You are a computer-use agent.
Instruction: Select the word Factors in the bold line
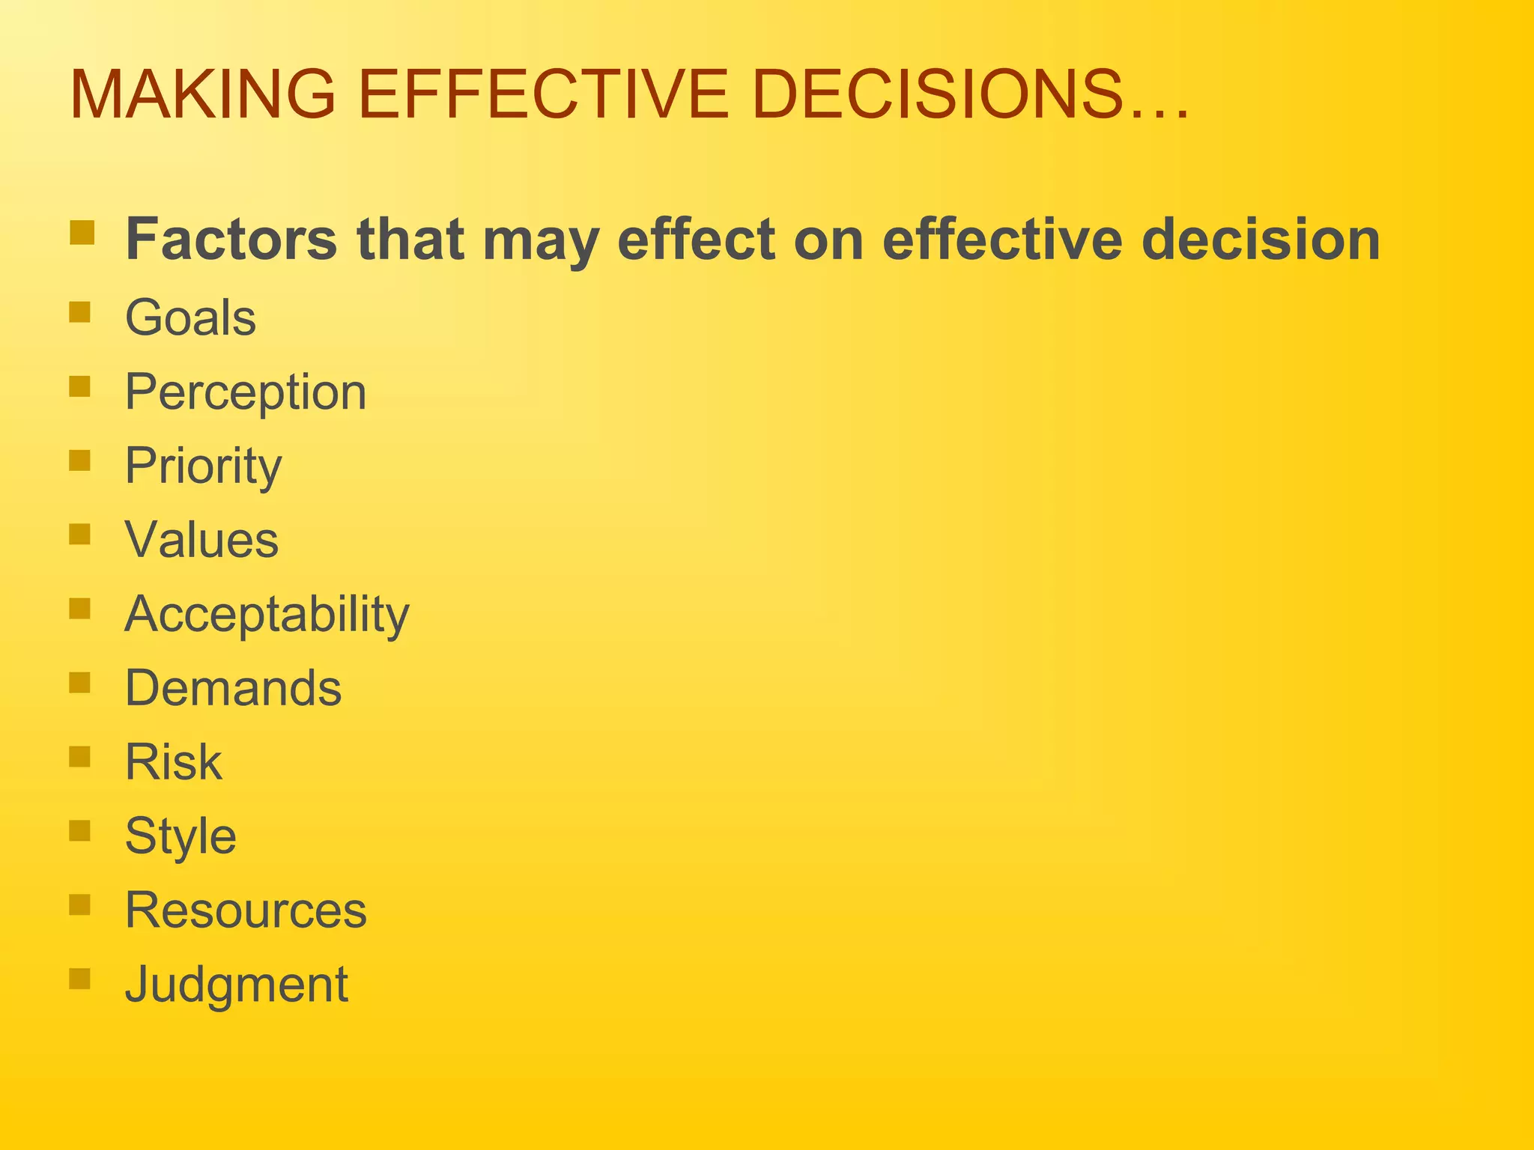(x=231, y=240)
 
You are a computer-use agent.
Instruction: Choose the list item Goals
(x=190, y=317)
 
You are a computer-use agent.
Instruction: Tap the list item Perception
(x=246, y=392)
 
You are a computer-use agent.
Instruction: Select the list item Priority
(x=203, y=466)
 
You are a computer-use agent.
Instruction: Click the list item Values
(x=201, y=540)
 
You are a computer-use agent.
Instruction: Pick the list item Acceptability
(x=267, y=615)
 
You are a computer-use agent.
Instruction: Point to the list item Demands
(x=233, y=688)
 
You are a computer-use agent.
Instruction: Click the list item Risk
(x=174, y=762)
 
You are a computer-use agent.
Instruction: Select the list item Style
(x=181, y=836)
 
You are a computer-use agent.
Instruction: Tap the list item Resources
(x=246, y=910)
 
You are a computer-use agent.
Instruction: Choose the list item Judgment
(x=236, y=985)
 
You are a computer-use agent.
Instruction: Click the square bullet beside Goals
(x=79, y=311)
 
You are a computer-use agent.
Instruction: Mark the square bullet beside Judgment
(x=79, y=979)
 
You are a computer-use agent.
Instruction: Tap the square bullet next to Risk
(x=79, y=756)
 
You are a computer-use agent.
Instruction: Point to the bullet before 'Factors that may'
(x=82, y=232)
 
